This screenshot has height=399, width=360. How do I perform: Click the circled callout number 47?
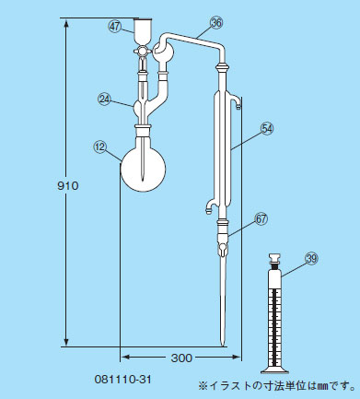coord(115,27)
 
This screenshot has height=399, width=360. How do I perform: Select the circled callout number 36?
coord(216,23)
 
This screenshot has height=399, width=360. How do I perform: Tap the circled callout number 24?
coord(104,99)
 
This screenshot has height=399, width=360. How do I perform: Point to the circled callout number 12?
coord(99,147)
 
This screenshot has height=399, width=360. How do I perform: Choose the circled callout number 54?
coord(267,128)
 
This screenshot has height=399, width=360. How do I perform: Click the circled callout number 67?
coord(261,219)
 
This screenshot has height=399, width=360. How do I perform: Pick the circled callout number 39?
coord(311,259)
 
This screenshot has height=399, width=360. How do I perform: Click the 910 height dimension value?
coord(68,185)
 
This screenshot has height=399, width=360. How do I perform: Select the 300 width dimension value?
coord(181,358)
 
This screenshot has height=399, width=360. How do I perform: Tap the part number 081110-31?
coord(122,380)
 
